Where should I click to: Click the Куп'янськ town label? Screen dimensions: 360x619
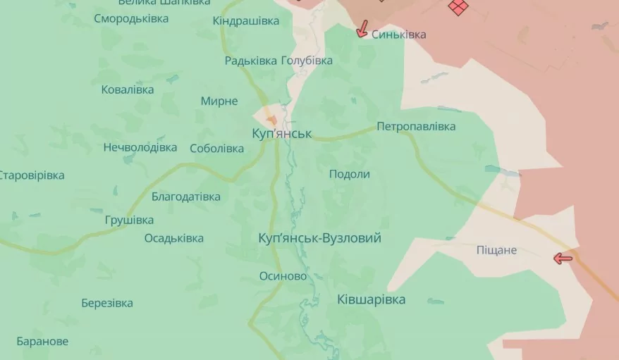[x=281, y=133]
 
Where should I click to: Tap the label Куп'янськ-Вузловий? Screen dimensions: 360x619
[x=320, y=238]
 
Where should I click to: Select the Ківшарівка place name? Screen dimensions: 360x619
[x=371, y=299]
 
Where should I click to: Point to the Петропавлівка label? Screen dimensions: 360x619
[x=416, y=127]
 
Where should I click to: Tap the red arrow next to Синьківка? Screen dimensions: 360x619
[x=362, y=29]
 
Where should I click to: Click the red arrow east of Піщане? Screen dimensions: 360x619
[x=563, y=259]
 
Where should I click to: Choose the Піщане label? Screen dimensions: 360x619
[x=496, y=250]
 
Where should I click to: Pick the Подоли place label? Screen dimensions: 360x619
[x=350, y=174]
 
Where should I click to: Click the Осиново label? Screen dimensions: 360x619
[x=283, y=276]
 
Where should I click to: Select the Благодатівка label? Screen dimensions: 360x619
[x=185, y=197]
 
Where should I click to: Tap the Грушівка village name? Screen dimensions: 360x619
[x=129, y=220]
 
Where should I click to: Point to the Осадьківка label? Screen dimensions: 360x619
[x=173, y=238]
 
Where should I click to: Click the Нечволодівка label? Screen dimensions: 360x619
[x=140, y=148]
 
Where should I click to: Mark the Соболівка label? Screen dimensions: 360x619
[x=216, y=149]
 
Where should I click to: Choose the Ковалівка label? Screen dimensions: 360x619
[x=127, y=89]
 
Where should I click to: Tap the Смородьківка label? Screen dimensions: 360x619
[x=131, y=18]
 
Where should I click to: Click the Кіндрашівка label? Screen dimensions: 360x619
[x=246, y=21]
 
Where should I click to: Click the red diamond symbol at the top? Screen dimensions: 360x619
[x=458, y=7]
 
